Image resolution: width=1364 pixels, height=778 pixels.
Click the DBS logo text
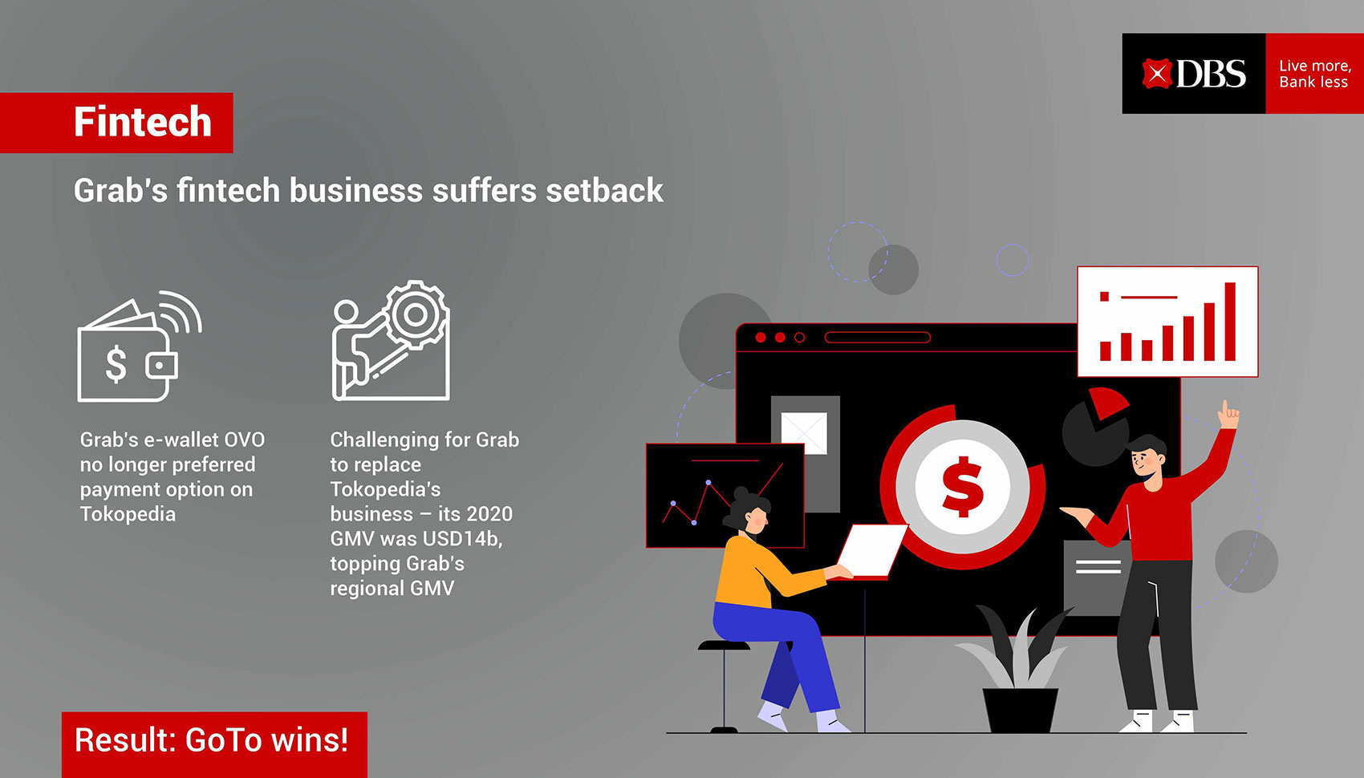[1211, 74]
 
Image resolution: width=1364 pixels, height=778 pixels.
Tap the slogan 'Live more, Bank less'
[1315, 74]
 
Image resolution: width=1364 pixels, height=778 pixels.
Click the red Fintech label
[117, 123]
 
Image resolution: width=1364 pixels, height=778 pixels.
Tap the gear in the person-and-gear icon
[416, 314]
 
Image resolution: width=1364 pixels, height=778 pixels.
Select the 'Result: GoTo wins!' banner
[214, 744]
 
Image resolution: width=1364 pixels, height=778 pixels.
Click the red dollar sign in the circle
[962, 486]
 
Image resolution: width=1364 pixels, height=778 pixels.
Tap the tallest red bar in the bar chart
[1230, 322]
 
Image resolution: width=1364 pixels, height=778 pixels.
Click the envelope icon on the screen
[804, 433]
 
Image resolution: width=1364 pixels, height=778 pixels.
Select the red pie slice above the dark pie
[1108, 403]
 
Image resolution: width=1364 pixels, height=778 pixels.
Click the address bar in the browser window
[878, 337]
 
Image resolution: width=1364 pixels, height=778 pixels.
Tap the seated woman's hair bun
[741, 493]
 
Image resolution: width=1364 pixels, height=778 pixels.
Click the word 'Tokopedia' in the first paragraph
[128, 514]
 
